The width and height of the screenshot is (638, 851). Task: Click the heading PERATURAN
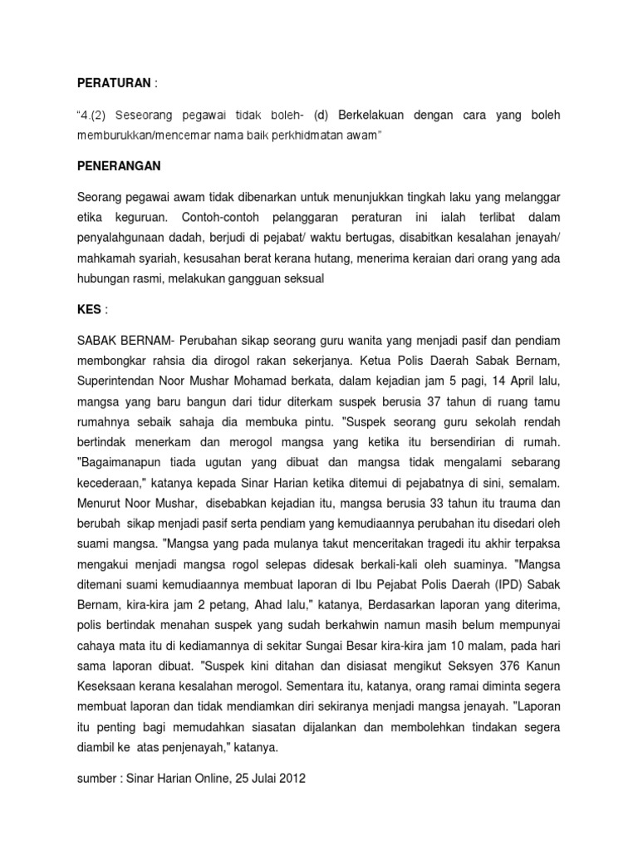coord(115,83)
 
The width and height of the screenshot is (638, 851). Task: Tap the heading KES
coord(89,309)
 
